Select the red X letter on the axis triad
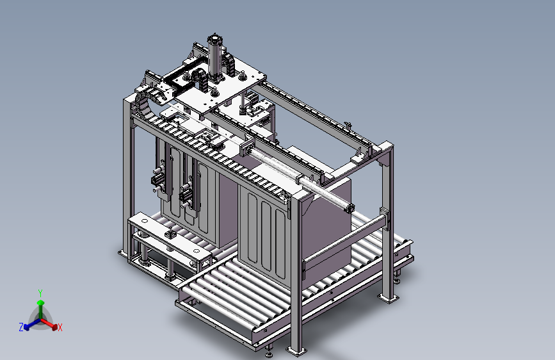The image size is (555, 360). click(x=60, y=328)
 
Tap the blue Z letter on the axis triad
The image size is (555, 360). click(x=21, y=327)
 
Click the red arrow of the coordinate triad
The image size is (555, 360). click(x=51, y=323)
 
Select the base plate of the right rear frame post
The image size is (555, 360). click(x=389, y=298)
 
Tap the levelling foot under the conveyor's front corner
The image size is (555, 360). click(x=269, y=350)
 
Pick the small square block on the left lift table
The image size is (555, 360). click(x=171, y=238)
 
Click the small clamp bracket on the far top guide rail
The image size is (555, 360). click(x=348, y=124)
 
